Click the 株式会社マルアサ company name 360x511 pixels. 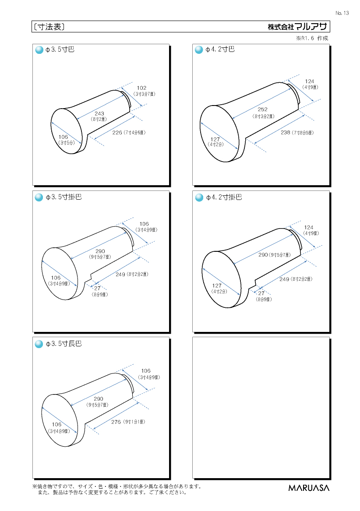tap(297, 27)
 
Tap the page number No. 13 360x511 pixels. tap(342, 13)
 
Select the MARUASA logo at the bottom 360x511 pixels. tap(309, 488)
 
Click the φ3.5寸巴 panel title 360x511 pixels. tap(60, 49)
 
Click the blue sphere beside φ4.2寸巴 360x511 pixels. tap(199, 50)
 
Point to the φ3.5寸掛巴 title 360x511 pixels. tap(64, 197)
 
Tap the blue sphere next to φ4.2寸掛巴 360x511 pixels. tap(199, 197)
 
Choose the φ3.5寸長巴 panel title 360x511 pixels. tap(64, 344)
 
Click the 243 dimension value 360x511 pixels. tap(99, 113)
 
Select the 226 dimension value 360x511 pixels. tap(117, 132)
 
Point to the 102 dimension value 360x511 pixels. tap(141, 88)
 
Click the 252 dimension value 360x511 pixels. tap(262, 109)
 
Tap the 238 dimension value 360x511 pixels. tap(286, 132)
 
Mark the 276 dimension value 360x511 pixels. tap(116, 422)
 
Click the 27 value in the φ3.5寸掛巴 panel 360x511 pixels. tap(98, 288)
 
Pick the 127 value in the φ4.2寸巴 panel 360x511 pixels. tap(215, 139)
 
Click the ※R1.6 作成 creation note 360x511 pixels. tap(312, 38)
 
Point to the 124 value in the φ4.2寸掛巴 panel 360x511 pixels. tap(309, 227)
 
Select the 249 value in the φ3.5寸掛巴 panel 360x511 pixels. tap(120, 275)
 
